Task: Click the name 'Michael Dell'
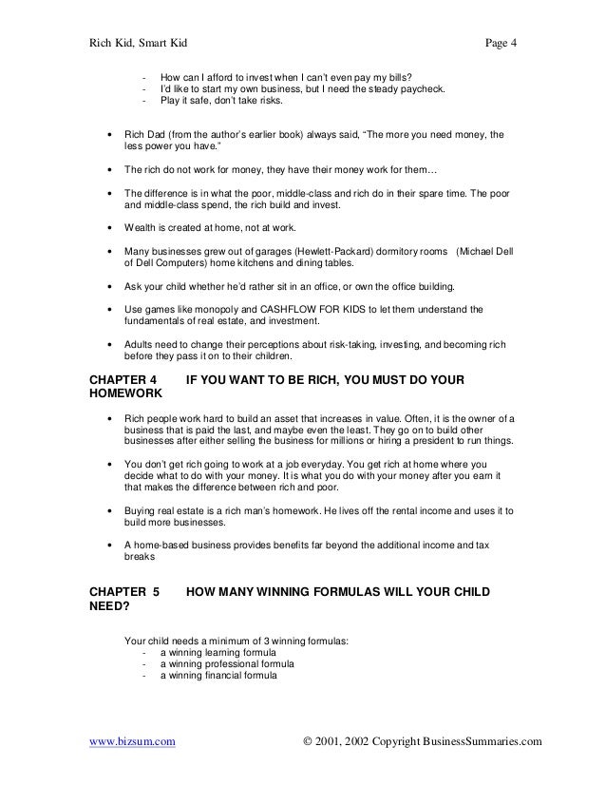click(x=485, y=252)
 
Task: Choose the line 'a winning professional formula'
click(x=228, y=665)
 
